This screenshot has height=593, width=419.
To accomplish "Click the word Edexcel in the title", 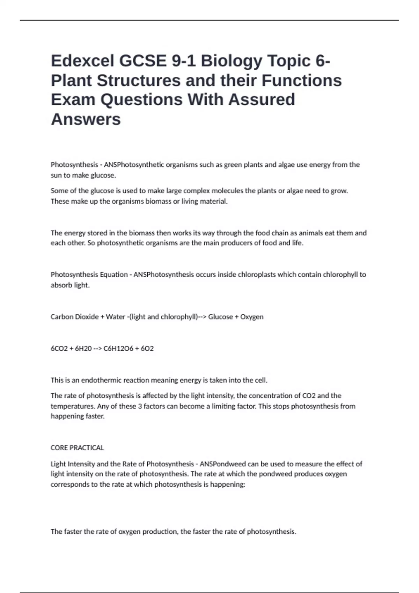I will [82, 61].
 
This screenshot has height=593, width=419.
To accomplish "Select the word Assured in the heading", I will [262, 100].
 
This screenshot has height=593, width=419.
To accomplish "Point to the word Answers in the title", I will [86, 119].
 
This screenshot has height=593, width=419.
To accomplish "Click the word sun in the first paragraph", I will [56, 175].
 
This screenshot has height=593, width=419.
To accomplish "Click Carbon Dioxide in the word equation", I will [74, 317].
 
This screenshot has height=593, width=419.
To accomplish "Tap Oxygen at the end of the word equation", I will [252, 317].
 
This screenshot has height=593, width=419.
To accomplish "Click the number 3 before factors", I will [140, 406].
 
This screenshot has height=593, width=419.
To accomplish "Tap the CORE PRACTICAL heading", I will [77, 448].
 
